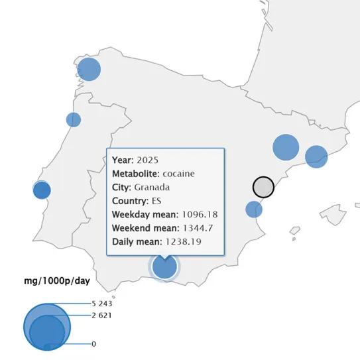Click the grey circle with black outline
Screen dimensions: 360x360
pos(263,187)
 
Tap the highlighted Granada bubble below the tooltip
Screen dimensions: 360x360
pos(164,267)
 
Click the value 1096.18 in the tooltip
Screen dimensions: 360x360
pos(200,214)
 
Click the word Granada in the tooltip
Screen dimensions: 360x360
pos(151,187)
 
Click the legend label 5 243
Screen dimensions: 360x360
pos(102,303)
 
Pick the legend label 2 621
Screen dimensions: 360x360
pos(102,315)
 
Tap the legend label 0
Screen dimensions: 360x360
pos(94,343)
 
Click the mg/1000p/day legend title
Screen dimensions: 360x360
pos(53,281)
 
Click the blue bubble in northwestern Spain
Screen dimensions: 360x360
pos(89,70)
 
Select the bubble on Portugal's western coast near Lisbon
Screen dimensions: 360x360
pos(42,190)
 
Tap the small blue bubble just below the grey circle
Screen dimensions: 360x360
pos(254,210)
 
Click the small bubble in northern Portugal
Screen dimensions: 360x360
pos(74,120)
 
